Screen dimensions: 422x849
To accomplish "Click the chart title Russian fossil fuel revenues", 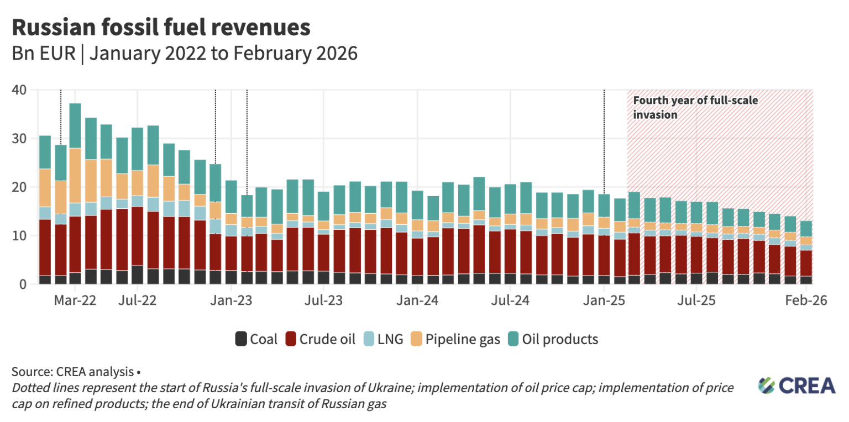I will (x=161, y=27).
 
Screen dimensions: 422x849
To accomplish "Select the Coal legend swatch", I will (x=241, y=339).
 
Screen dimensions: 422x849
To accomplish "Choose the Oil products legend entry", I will (x=553, y=339).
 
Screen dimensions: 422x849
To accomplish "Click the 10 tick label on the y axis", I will (x=19, y=236).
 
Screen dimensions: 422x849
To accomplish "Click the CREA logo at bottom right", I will (x=796, y=385).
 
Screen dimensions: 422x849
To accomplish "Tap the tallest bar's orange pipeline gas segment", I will (x=75, y=176).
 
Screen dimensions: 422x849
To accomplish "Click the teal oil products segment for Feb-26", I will (x=806, y=229).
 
